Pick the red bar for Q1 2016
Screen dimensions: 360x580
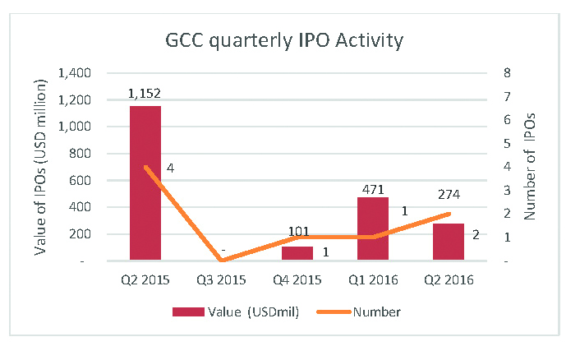[373, 229]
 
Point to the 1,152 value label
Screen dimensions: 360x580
[145, 95]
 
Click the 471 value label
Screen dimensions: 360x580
[373, 188]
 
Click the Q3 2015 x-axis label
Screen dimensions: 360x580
[221, 279]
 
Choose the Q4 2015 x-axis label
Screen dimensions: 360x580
[297, 279]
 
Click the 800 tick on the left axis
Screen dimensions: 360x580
[83, 154]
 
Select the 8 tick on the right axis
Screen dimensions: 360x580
[507, 73]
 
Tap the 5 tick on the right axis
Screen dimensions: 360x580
[507, 144]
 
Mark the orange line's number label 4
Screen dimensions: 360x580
[170, 168]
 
